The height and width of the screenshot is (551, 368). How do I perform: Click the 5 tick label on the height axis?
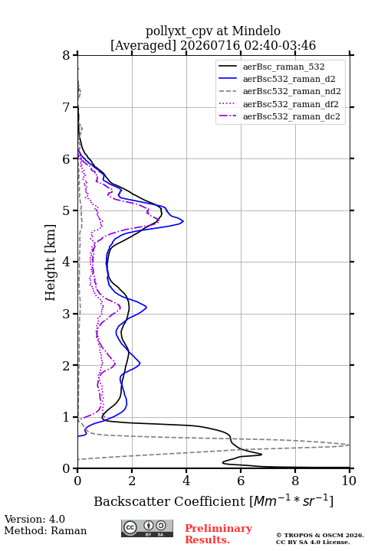click(67, 210)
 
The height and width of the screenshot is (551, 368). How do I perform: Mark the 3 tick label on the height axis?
click(67, 314)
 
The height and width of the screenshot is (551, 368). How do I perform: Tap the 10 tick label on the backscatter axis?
click(349, 481)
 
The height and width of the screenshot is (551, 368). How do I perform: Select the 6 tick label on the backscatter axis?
click(241, 481)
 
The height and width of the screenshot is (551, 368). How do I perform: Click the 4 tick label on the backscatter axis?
click(186, 481)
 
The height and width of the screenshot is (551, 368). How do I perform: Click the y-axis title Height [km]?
click(51, 262)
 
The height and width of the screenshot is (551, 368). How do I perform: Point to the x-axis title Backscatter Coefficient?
click(169, 501)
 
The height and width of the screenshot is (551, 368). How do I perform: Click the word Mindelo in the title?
click(256, 31)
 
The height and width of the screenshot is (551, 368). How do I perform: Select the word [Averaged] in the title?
click(143, 45)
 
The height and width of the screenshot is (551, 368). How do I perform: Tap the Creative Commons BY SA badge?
click(147, 529)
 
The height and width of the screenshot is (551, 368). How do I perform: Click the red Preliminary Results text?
click(219, 534)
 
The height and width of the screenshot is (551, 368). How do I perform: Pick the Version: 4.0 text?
click(34, 519)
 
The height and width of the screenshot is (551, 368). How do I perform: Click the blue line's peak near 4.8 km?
click(183, 221)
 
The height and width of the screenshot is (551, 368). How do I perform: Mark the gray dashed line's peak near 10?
click(349, 445)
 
